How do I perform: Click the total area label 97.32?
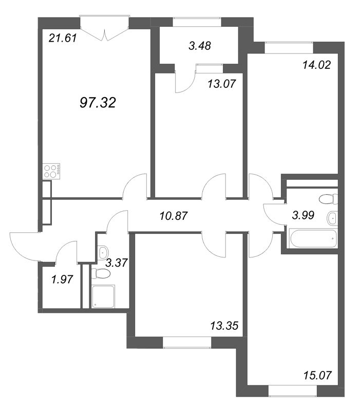click(x=98, y=102)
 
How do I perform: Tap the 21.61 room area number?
click(x=63, y=38)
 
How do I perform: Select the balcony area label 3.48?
click(x=200, y=46)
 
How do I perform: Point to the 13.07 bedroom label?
click(x=222, y=84)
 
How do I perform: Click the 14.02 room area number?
click(x=316, y=65)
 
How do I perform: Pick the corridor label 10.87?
click(x=174, y=216)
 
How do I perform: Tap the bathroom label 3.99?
click(x=303, y=215)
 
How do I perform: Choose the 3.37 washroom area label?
click(x=117, y=263)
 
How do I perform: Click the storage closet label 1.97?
click(x=62, y=279)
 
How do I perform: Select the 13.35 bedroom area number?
click(x=224, y=326)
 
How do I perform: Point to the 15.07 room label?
click(x=317, y=376)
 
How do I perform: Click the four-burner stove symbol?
click(x=51, y=171)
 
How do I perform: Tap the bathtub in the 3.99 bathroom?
click(x=313, y=238)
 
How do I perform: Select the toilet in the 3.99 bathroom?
click(x=329, y=199)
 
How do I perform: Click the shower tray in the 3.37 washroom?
click(x=104, y=296)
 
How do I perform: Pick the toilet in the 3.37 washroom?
click(x=101, y=273)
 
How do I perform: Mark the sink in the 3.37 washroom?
click(x=103, y=252)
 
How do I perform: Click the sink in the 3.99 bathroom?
click(x=332, y=217)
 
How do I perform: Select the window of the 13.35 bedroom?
click(x=187, y=342)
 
